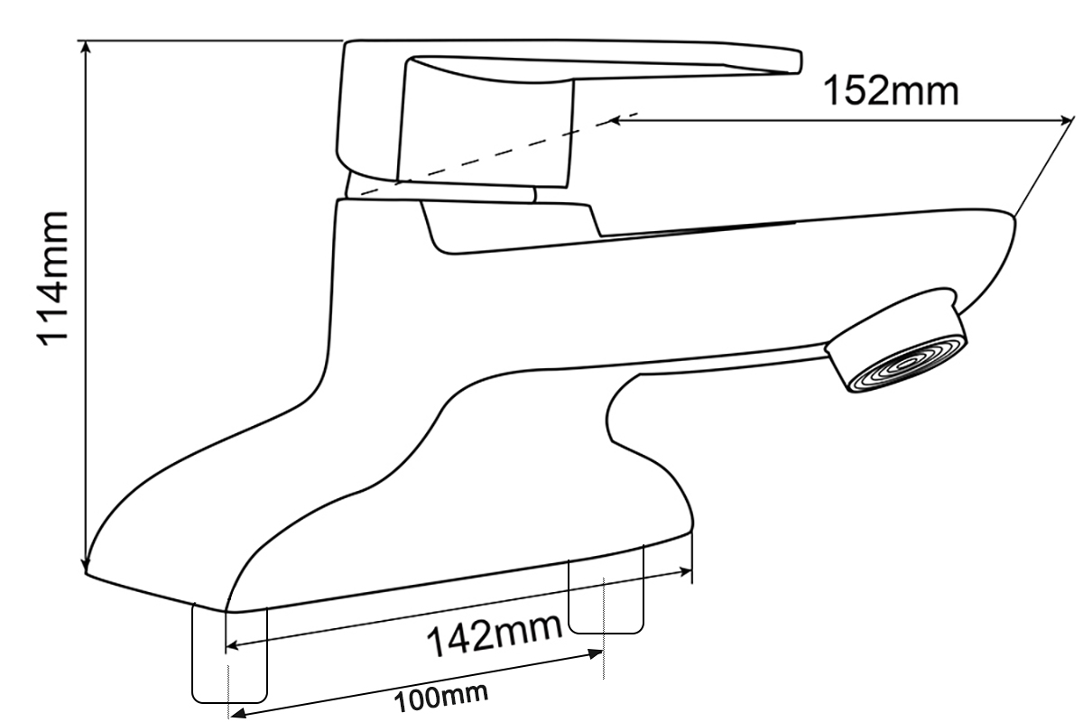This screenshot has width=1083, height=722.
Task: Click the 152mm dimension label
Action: tap(891, 91)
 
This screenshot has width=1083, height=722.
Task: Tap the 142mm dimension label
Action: tap(495, 634)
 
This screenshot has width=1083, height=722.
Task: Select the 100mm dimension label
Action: tap(441, 698)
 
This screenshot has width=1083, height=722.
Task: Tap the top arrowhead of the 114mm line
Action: tap(86, 46)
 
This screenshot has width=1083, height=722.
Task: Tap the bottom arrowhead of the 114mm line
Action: tap(86, 566)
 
